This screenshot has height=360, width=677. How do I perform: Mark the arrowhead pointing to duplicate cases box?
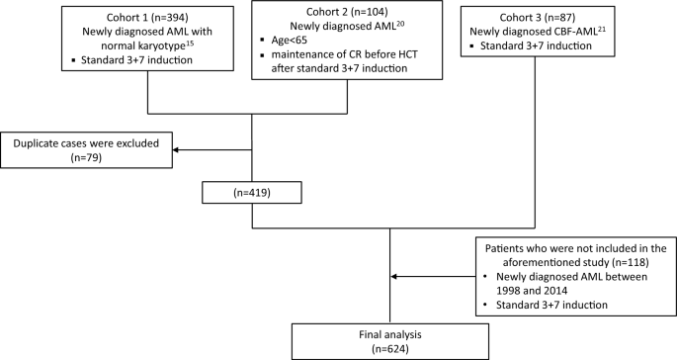(x=178, y=152)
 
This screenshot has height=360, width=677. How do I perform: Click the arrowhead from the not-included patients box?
(x=398, y=278)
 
